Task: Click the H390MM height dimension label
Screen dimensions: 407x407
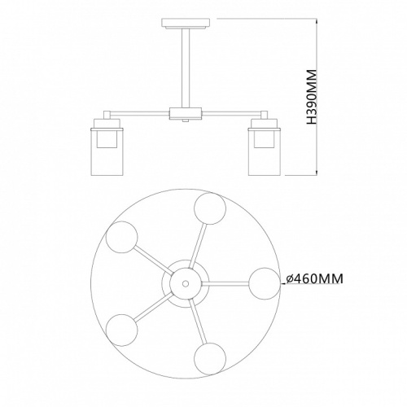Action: [x=312, y=97]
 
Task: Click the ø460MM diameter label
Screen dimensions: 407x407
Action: [x=314, y=278]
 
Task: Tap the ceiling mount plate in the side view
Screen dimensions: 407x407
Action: [x=186, y=23]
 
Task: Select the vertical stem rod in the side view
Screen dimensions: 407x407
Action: [x=186, y=68]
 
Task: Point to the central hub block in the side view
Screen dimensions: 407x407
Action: [x=186, y=113]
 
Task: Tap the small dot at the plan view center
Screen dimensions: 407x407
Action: [x=186, y=283]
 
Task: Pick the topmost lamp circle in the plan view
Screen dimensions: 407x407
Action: [x=210, y=208]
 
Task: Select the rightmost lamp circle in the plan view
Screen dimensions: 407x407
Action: [x=265, y=283]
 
